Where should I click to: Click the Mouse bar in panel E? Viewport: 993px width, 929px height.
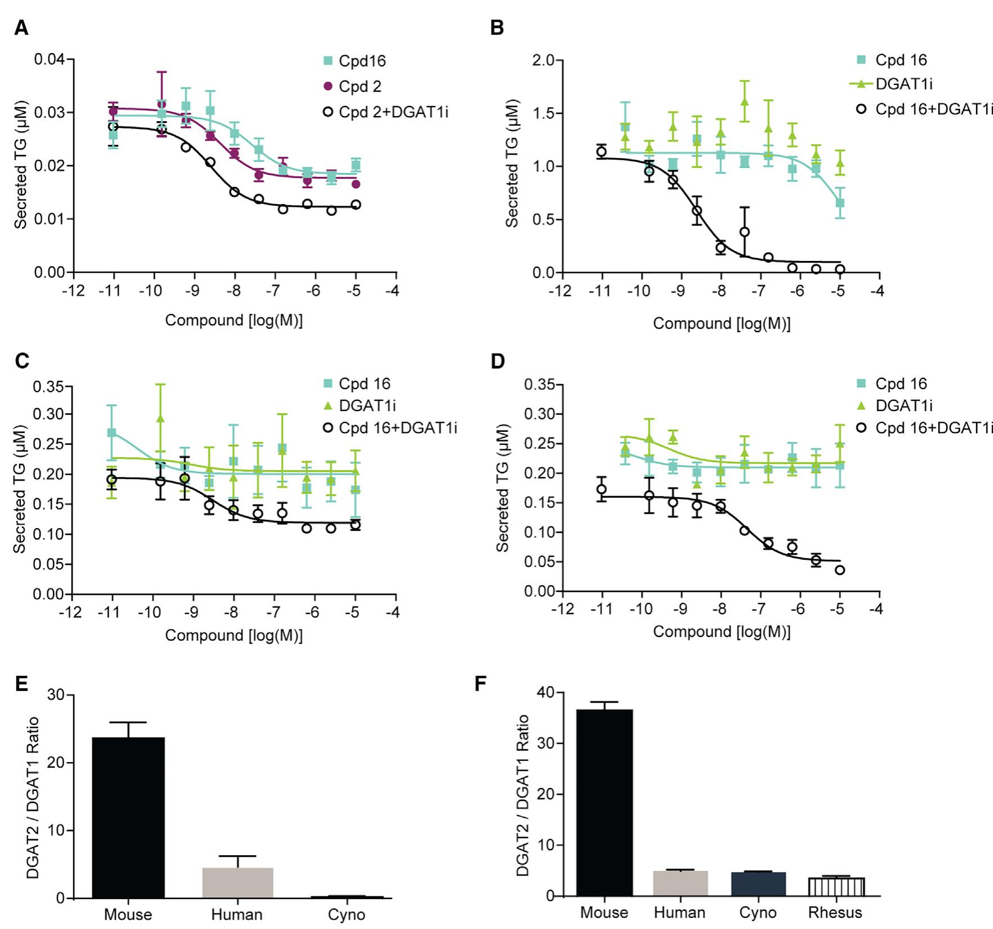(128, 817)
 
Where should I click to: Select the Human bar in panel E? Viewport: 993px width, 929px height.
(238, 883)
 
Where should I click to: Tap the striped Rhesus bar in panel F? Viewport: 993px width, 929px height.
(836, 887)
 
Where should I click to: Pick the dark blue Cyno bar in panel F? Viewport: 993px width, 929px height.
(758, 884)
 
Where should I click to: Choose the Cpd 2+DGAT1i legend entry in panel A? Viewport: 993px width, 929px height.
(393, 112)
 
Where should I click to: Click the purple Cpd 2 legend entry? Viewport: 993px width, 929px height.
(360, 86)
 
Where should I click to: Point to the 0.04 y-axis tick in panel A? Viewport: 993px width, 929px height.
(50, 59)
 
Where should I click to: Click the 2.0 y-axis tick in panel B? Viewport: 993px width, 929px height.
(543, 60)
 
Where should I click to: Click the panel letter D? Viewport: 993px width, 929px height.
(498, 361)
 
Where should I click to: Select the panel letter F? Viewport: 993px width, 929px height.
(480, 684)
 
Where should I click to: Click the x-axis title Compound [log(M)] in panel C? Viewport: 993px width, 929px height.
(233, 635)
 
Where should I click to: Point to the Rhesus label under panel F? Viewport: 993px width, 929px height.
(835, 913)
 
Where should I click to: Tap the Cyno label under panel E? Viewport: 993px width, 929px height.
(346, 914)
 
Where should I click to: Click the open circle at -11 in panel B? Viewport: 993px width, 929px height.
(601, 151)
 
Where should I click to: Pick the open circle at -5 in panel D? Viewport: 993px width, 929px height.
(840, 570)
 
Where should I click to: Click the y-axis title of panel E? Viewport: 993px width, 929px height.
(33, 798)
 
